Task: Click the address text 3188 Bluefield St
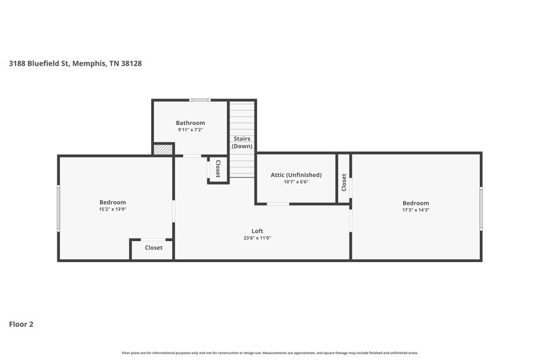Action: [x=75, y=63]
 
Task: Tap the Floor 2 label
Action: [x=21, y=324]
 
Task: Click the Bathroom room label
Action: [x=191, y=123]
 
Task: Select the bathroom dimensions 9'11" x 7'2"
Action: [x=191, y=130]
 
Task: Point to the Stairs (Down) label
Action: [x=242, y=143]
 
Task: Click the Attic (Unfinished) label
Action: [x=296, y=175]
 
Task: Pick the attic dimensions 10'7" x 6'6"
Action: [x=296, y=182]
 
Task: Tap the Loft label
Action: [x=257, y=231]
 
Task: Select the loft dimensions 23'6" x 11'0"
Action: [x=257, y=238]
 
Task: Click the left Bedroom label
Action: [x=113, y=202]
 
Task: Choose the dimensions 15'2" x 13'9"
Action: [x=113, y=209]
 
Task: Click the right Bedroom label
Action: [x=416, y=203]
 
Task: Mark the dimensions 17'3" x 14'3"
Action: [x=416, y=210]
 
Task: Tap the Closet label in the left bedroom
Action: [x=153, y=248]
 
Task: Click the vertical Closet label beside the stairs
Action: [x=217, y=169]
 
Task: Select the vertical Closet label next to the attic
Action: [x=344, y=182]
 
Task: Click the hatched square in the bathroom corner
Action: [x=163, y=150]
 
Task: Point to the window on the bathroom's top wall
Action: [x=200, y=100]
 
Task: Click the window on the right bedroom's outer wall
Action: [x=481, y=209]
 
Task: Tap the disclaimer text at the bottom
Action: [x=269, y=353]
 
